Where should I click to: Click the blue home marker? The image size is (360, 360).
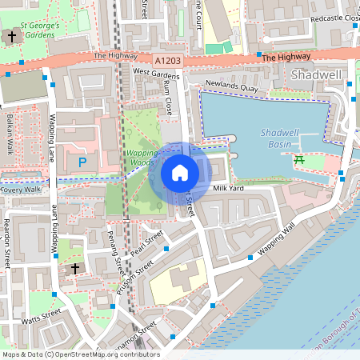(180, 172)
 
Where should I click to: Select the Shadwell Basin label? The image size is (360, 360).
(281, 138)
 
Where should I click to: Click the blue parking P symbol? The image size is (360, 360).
(82, 162)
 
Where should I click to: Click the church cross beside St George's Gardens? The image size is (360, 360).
(12, 36)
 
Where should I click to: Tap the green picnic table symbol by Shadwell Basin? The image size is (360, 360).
(300, 160)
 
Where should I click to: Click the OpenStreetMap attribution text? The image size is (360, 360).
(81, 354)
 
